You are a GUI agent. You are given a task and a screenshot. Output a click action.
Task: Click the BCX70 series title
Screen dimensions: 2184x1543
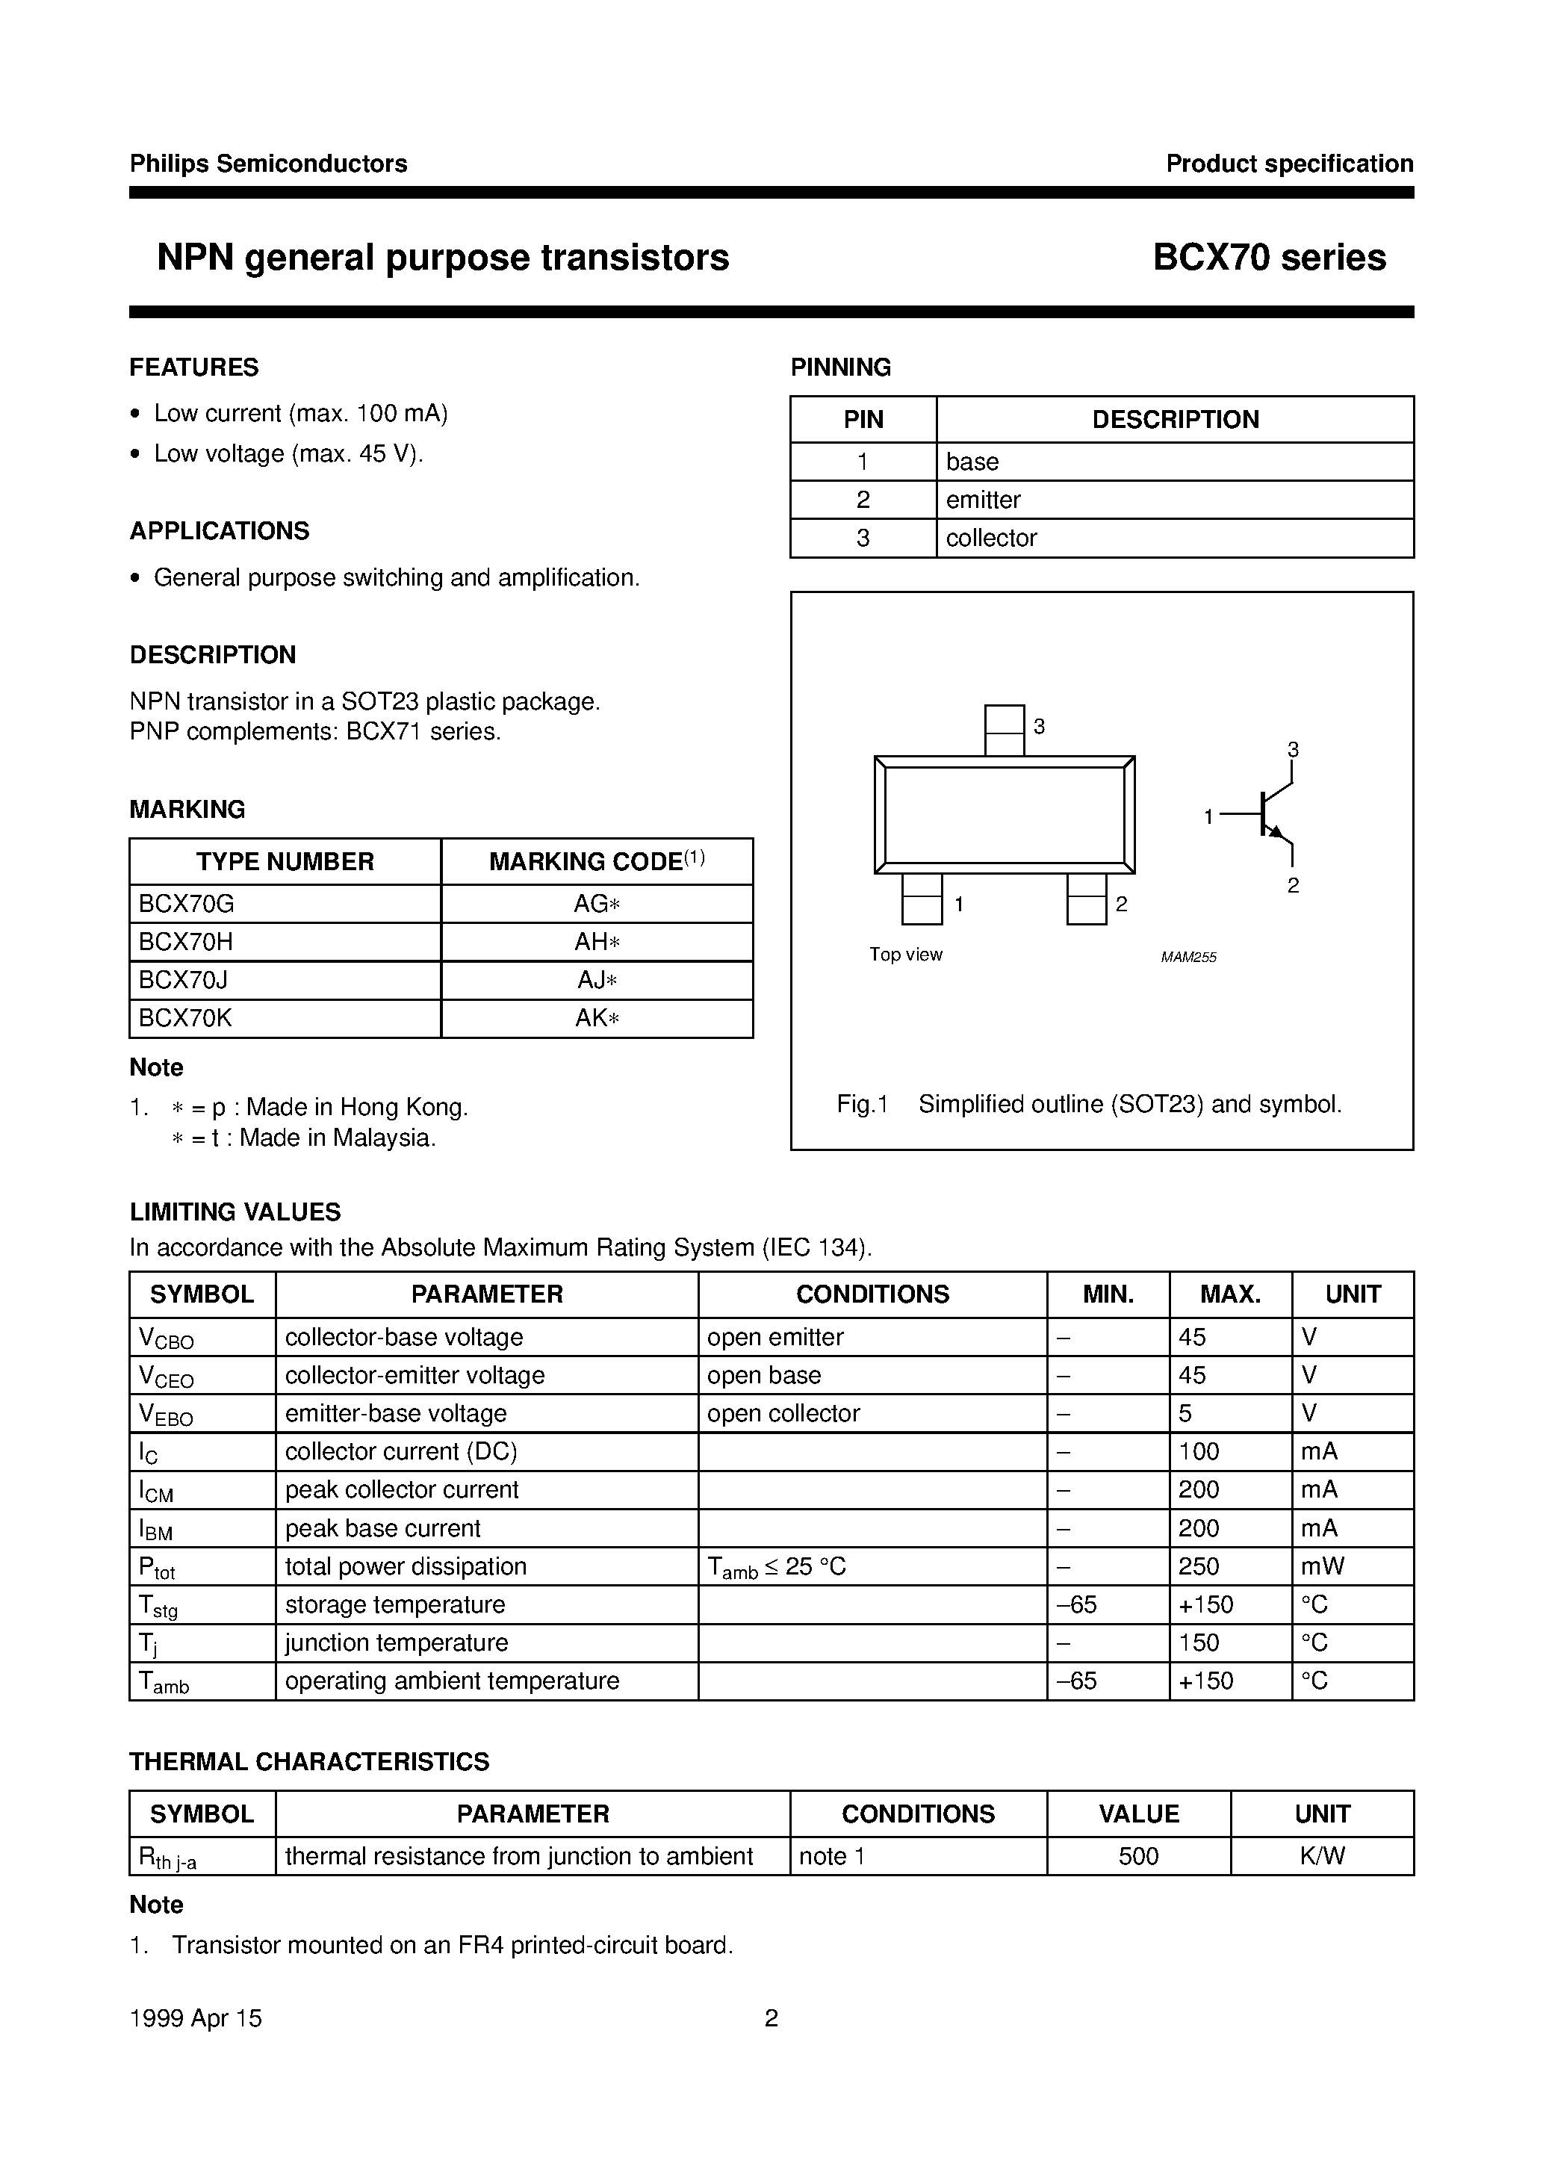point(1269,258)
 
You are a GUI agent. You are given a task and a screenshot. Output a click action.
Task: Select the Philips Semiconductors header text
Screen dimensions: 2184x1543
point(268,164)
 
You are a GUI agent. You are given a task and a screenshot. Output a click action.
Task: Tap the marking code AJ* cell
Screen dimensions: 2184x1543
point(597,980)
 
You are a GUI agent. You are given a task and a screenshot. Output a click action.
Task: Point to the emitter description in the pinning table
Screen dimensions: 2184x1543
point(983,500)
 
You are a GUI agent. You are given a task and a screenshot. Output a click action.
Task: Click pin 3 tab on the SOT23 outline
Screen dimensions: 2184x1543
point(1004,730)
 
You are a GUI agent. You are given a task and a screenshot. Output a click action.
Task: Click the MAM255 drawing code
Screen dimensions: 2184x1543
point(1188,957)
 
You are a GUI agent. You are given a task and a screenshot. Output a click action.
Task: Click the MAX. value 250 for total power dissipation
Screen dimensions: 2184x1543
point(1198,1566)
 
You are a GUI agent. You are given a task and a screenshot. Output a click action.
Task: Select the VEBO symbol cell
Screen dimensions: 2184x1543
point(167,1415)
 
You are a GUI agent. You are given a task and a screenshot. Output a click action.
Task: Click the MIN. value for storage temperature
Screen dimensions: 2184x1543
point(1077,1604)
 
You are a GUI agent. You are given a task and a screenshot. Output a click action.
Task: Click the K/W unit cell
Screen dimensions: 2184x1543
point(1321,1856)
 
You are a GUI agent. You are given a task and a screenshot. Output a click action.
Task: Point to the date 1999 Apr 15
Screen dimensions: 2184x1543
point(195,2017)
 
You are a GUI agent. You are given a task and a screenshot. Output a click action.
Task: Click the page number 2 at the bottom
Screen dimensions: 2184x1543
point(771,2017)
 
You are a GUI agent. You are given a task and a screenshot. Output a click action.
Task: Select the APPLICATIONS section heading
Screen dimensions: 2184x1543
point(219,531)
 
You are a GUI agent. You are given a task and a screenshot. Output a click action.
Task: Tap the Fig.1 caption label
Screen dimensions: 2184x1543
point(861,1105)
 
